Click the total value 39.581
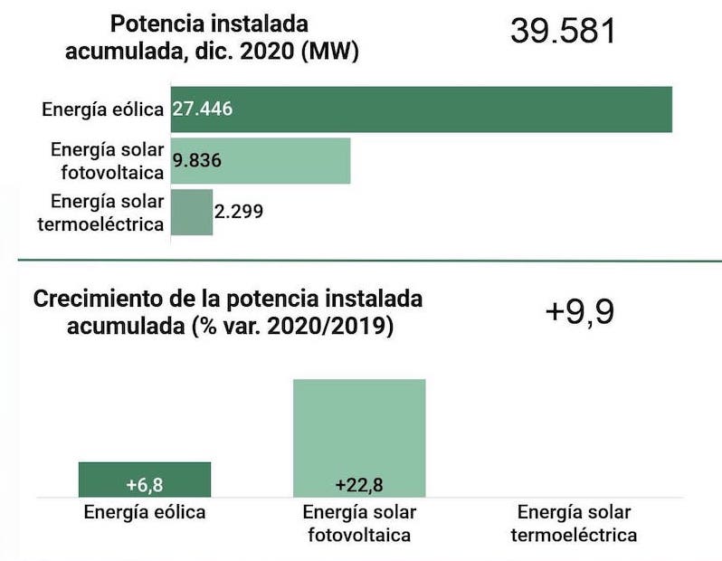pyautogui.click(x=563, y=31)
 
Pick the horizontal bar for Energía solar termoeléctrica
pyautogui.click(x=191, y=212)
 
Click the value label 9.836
pyautogui.click(x=197, y=160)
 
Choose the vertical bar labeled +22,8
pyautogui.click(x=359, y=434)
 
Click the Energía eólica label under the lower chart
pyautogui.click(x=145, y=512)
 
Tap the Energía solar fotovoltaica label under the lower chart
pyautogui.click(x=359, y=523)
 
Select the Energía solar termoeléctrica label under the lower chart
pyautogui.click(x=574, y=523)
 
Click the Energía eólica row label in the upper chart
pyautogui.click(x=102, y=109)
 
